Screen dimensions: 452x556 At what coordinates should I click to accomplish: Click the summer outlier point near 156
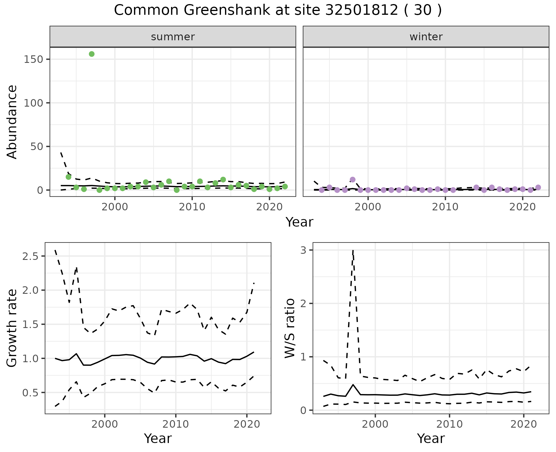pyautogui.click(x=92, y=54)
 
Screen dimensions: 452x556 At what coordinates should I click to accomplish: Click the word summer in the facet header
pyautogui.click(x=173, y=37)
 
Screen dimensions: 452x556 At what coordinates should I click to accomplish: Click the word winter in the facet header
pyautogui.click(x=426, y=37)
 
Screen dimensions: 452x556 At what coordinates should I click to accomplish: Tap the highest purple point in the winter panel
pyautogui.click(x=352, y=180)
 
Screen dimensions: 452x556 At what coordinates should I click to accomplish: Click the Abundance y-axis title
pyautogui.click(x=12, y=122)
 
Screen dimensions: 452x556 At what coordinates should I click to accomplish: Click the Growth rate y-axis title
pyautogui.click(x=12, y=328)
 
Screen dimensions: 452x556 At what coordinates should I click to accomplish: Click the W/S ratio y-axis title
pyautogui.click(x=290, y=328)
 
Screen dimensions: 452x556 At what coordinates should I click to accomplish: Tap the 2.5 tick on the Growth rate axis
pyautogui.click(x=32, y=256)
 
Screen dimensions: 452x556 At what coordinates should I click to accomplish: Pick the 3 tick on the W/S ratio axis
pyautogui.click(x=303, y=250)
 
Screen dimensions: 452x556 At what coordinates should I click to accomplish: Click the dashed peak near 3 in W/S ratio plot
pyautogui.click(x=353, y=251)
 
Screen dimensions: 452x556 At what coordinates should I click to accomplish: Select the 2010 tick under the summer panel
pyautogui.click(x=192, y=207)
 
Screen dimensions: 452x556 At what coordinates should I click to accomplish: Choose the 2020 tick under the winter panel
pyautogui.click(x=523, y=207)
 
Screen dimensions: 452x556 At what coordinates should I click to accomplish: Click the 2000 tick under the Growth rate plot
pyautogui.click(x=105, y=424)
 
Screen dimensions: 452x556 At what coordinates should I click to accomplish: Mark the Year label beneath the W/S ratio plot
pyautogui.click(x=431, y=439)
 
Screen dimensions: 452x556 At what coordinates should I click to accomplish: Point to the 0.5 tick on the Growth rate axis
pyautogui.click(x=32, y=393)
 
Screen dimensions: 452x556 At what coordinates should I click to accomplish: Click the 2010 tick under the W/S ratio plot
pyautogui.click(x=449, y=424)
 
